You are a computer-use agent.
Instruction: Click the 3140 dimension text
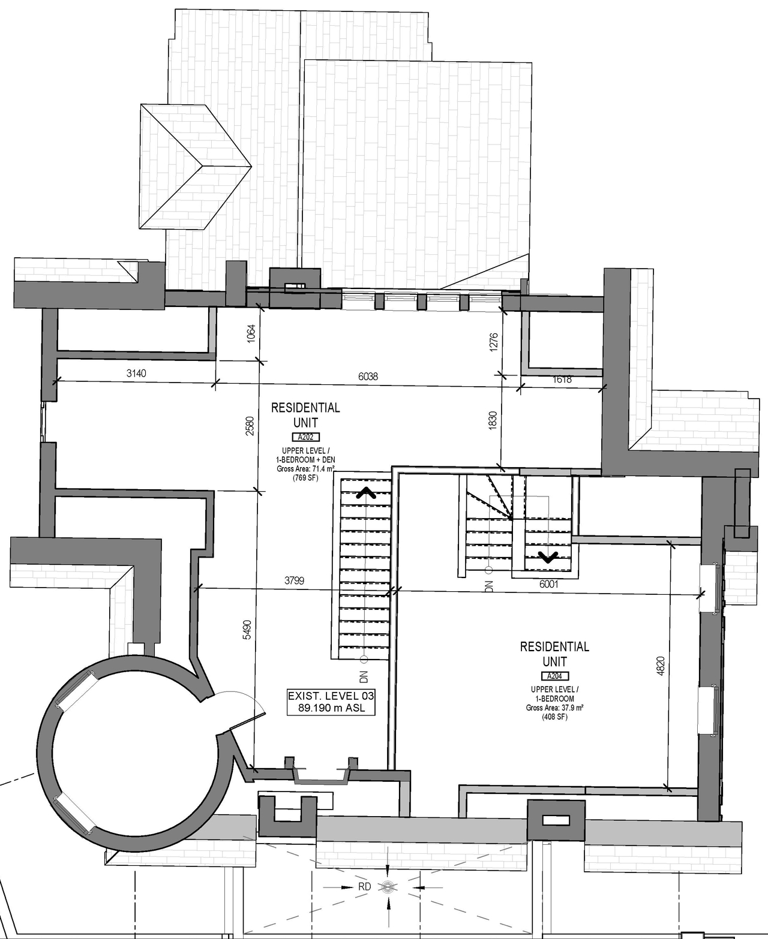[136, 374]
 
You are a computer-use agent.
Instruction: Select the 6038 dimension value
[368, 377]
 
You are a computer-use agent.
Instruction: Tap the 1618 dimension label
[562, 380]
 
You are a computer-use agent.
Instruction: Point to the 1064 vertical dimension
[251, 333]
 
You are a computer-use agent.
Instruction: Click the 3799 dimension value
[294, 580]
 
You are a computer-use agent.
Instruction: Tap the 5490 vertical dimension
[247, 630]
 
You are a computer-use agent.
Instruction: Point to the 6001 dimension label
[548, 584]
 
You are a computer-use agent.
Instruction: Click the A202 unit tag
[305, 437]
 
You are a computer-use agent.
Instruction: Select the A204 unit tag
[554, 676]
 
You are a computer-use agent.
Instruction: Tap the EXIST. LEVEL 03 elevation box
[331, 702]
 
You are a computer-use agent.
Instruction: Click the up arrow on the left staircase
[366, 493]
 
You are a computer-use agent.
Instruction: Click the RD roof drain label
[365, 886]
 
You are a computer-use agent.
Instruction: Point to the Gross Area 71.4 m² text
[305, 469]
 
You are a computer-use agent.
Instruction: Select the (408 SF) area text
[554, 717]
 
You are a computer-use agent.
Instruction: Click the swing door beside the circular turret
[243, 708]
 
